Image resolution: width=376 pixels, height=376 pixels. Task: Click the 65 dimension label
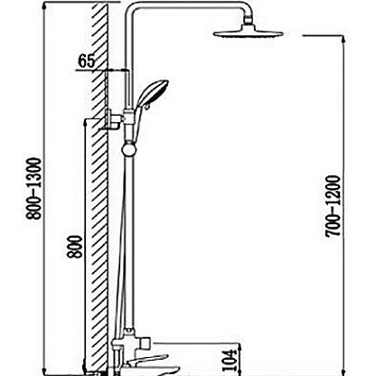(86, 61)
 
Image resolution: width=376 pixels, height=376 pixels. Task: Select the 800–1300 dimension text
(33, 189)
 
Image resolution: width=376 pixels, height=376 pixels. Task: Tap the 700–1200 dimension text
(333, 206)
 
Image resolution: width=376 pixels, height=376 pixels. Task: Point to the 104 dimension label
(229, 360)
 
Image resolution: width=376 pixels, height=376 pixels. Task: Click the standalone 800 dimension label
(74, 247)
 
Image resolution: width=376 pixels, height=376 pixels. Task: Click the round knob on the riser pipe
(129, 150)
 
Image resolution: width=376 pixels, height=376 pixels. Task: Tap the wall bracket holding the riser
(112, 119)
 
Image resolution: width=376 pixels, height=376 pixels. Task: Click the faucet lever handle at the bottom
(147, 360)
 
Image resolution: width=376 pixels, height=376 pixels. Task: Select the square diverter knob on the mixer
(145, 343)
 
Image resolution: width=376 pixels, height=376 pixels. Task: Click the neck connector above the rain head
(248, 20)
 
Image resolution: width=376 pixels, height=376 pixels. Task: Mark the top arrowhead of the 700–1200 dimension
(343, 38)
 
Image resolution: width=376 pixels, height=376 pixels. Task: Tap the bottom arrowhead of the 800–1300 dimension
(44, 371)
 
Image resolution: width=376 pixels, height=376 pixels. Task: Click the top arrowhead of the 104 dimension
(240, 346)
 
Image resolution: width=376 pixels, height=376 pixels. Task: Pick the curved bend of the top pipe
(130, 10)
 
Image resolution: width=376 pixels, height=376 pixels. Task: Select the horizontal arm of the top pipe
(187, 6)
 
